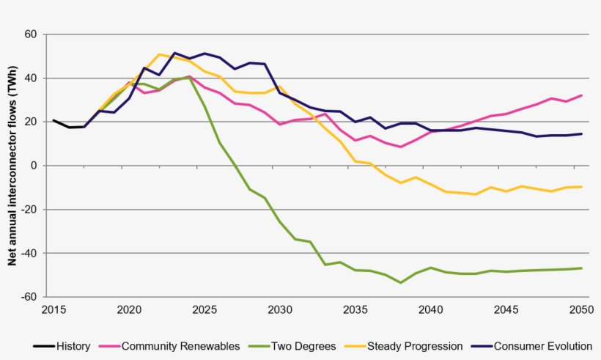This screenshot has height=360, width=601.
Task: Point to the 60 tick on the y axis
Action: pyautogui.click(x=31, y=34)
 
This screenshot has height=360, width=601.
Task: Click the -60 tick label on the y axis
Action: pyautogui.click(x=29, y=297)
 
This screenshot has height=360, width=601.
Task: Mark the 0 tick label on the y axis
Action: pyautogui.click(x=34, y=166)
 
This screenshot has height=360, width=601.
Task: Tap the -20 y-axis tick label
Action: pyautogui.click(x=29, y=210)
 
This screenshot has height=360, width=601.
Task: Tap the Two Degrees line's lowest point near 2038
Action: pyautogui.click(x=400, y=282)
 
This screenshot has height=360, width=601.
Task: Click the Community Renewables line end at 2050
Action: pyautogui.click(x=582, y=95)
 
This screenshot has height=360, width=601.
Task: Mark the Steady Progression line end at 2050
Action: pyautogui.click(x=582, y=187)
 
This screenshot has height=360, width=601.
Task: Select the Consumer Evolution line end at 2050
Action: pyautogui.click(x=582, y=133)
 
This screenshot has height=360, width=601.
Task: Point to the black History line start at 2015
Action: pyautogui.click(x=54, y=120)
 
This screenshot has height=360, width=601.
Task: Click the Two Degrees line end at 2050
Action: pyautogui.click(x=582, y=268)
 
